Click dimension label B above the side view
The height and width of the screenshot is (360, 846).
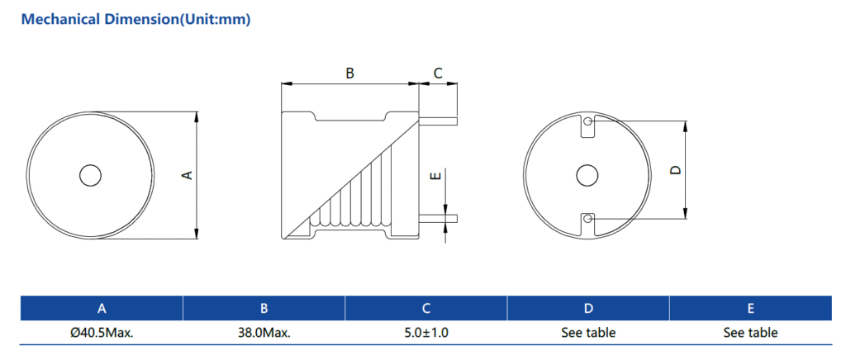click(x=349, y=73)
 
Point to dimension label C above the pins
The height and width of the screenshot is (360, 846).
click(x=438, y=73)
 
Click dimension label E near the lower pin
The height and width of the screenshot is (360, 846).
click(x=436, y=175)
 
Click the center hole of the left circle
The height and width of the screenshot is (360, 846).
click(x=89, y=175)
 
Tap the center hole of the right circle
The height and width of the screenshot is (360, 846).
click(x=587, y=175)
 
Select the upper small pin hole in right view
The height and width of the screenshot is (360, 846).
click(x=587, y=122)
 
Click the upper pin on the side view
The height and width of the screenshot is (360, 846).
click(x=439, y=121)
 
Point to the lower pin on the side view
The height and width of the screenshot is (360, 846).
click(x=439, y=218)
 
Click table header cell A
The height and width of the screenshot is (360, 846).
click(x=102, y=309)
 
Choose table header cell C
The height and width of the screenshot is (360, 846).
click(x=426, y=309)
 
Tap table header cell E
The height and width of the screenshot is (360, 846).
click(x=750, y=309)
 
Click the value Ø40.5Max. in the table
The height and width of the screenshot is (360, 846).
click(x=102, y=333)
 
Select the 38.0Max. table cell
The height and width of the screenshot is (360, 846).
click(x=264, y=333)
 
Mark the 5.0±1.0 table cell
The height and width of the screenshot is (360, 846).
click(x=426, y=333)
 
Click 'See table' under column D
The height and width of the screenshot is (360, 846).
click(x=588, y=333)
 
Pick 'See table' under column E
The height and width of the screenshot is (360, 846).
click(x=750, y=333)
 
